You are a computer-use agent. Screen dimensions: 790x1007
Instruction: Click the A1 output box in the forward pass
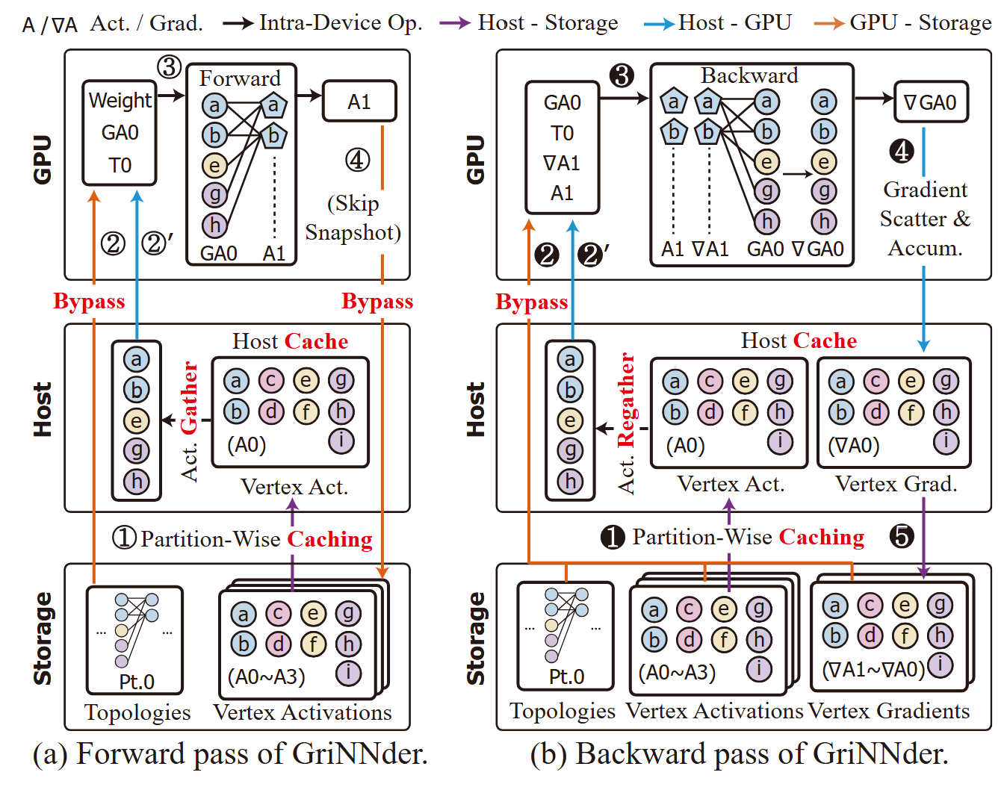(x=359, y=102)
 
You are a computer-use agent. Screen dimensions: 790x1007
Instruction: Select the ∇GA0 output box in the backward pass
(x=931, y=102)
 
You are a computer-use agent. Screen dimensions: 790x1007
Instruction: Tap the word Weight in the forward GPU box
(x=120, y=100)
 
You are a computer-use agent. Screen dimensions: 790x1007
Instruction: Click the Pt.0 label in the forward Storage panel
(x=137, y=682)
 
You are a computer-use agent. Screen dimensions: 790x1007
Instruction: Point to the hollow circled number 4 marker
(x=357, y=159)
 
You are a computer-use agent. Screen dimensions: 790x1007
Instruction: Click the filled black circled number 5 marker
(x=902, y=535)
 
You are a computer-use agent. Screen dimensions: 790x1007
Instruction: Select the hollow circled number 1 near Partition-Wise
(x=123, y=538)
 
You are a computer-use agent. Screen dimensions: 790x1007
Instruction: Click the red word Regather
(x=626, y=400)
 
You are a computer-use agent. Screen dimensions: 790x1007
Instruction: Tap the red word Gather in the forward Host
(x=190, y=397)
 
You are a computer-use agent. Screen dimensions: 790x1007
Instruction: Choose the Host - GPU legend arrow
(x=658, y=24)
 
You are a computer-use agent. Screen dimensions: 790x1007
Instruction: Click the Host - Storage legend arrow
(x=454, y=24)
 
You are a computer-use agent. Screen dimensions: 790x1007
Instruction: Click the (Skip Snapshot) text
(x=353, y=218)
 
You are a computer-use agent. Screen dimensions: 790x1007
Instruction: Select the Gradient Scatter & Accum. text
(x=925, y=219)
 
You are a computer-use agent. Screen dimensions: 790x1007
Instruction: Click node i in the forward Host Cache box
(x=341, y=441)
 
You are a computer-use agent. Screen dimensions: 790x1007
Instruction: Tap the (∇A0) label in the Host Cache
(x=854, y=445)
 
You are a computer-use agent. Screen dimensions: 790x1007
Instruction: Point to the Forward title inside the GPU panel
(x=240, y=78)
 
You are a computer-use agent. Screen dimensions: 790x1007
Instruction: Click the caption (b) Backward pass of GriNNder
(x=739, y=754)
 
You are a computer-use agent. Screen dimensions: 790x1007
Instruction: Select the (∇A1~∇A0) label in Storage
(x=873, y=669)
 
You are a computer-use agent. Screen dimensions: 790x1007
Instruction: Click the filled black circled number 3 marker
(x=622, y=75)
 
